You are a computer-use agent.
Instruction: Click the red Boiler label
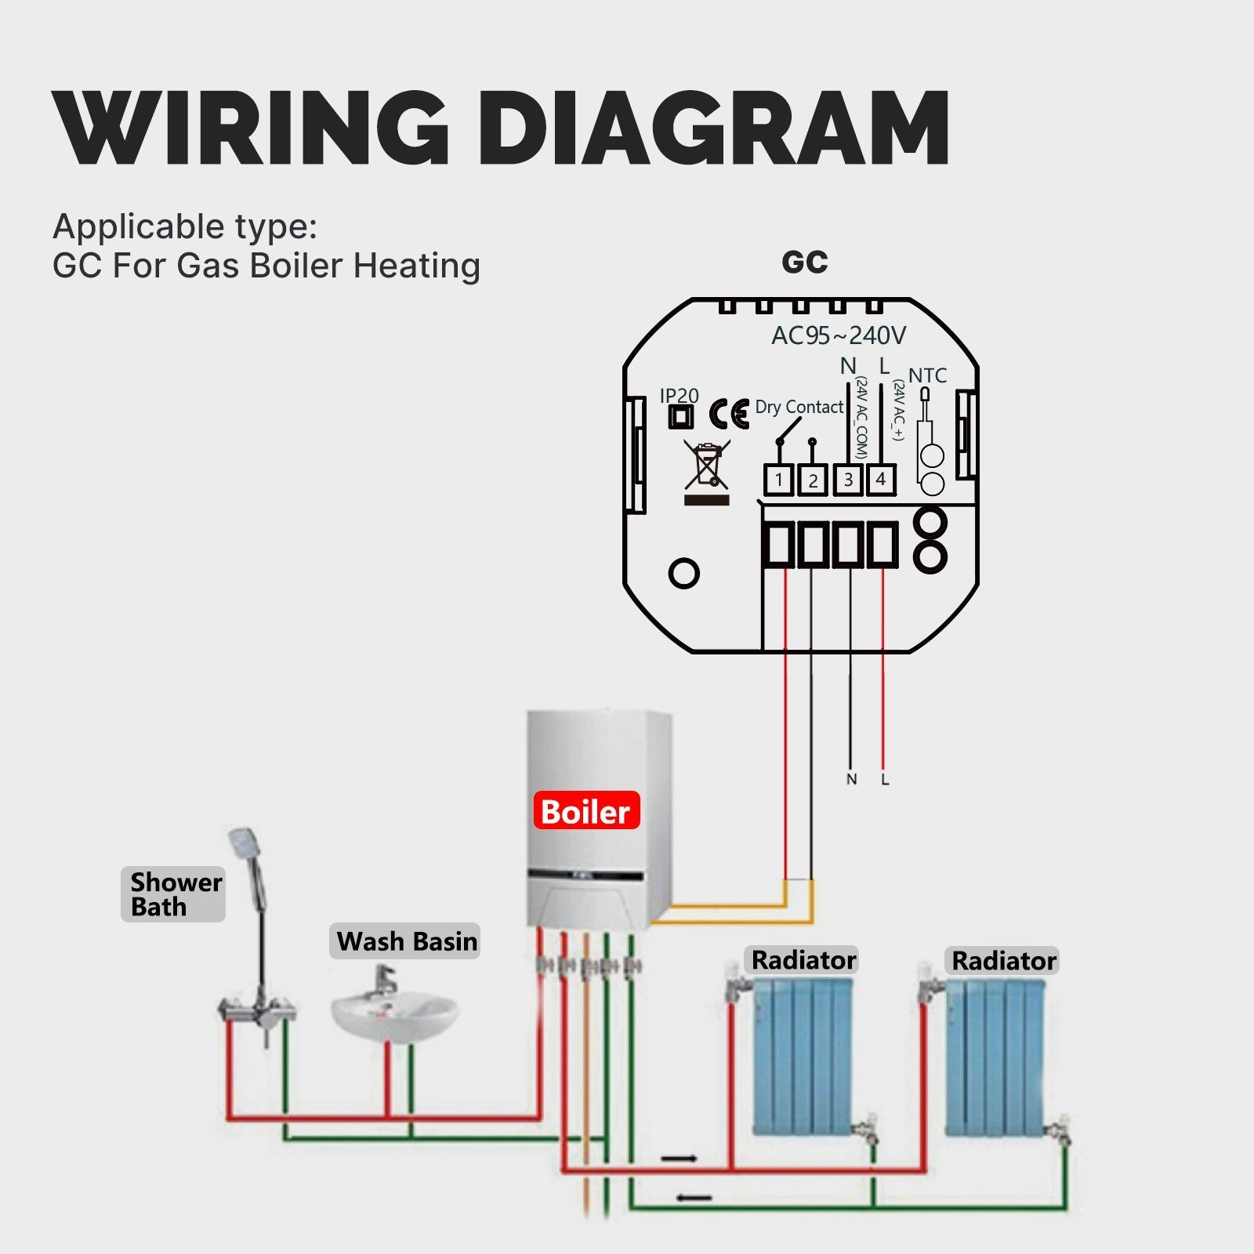[x=586, y=812]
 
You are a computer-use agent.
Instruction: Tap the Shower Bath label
[x=174, y=894]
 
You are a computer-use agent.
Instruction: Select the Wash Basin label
[x=406, y=941]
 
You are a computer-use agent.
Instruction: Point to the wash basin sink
[x=393, y=1015]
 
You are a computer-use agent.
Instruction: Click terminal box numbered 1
[x=778, y=480]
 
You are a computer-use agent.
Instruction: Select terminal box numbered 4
[x=881, y=479]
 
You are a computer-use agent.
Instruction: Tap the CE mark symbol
[x=729, y=414]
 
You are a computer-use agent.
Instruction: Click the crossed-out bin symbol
[x=707, y=465]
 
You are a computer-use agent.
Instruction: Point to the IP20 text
[x=679, y=396]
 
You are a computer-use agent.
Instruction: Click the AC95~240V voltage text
[x=838, y=336]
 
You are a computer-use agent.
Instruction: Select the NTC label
[x=927, y=375]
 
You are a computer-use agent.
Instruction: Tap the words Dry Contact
[x=799, y=407]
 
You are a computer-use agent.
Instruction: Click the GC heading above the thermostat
[x=804, y=263]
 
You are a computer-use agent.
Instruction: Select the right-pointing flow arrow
[x=679, y=1158]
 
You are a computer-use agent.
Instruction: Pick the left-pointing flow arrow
[x=694, y=1198]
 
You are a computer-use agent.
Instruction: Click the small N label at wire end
[x=851, y=779]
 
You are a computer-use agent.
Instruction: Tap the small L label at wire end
[x=885, y=779]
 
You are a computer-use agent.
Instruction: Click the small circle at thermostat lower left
[x=683, y=573]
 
